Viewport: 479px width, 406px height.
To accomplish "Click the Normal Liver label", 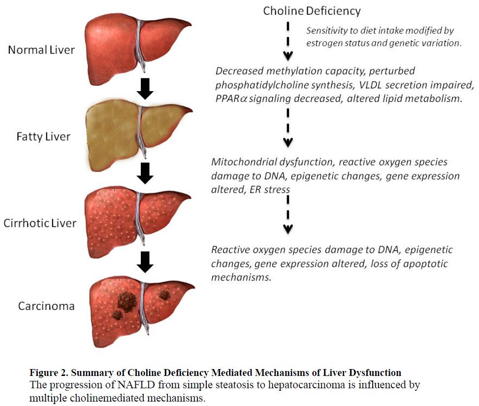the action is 41,50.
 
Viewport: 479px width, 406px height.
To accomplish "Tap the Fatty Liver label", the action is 43,136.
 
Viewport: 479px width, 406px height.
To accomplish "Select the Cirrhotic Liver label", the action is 40,223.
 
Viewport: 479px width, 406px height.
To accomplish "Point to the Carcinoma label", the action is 46,306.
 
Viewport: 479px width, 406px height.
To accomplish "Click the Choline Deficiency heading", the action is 312,11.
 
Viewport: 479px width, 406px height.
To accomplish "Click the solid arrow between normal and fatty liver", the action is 145,89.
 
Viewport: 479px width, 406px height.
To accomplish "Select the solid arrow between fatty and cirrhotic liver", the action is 145,173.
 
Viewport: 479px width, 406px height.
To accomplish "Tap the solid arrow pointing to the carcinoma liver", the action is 145,262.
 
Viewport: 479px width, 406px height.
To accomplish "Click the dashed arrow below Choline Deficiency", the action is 288,41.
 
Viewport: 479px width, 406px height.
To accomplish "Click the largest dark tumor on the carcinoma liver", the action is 127,302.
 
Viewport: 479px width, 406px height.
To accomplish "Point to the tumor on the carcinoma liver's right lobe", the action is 164,295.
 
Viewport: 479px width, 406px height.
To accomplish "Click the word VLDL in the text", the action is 370,85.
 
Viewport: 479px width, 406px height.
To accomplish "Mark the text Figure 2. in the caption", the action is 49,372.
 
